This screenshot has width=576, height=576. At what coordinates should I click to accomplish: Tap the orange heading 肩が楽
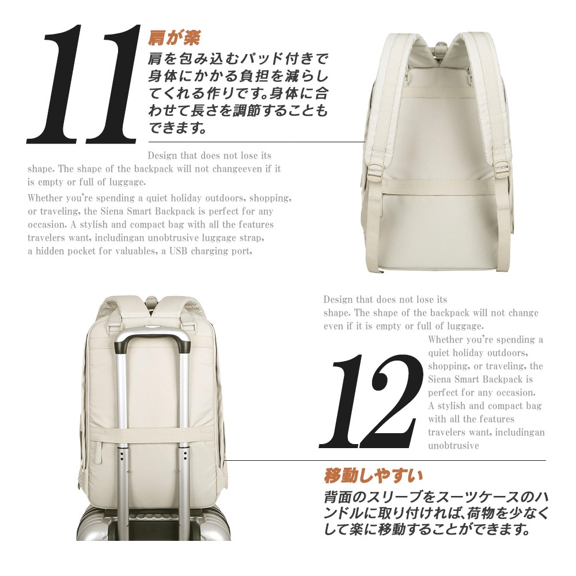(174, 38)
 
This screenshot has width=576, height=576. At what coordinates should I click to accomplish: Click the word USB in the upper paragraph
(178, 251)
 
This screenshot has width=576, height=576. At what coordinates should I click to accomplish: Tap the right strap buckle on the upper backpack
(502, 170)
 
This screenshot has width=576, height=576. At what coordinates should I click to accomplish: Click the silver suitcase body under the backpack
(154, 522)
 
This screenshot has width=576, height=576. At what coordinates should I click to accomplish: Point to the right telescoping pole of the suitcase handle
(184, 434)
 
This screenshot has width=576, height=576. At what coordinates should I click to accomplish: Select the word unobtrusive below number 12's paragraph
(454, 446)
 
